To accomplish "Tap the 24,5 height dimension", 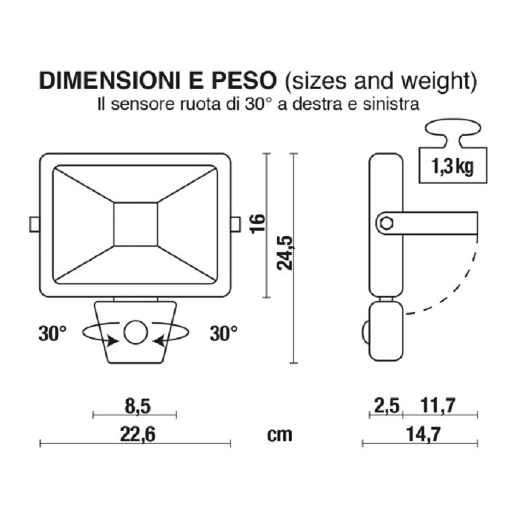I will (x=287, y=253).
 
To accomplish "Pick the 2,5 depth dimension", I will (x=386, y=405).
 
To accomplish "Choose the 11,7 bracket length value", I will (x=438, y=405).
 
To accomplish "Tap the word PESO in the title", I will (x=244, y=81).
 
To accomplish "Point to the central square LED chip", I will (x=135, y=224).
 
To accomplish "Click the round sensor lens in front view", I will (x=135, y=333).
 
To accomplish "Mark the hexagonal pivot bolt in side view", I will (x=385, y=224).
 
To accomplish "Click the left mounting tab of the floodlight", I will (x=34, y=224).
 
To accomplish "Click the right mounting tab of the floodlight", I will (x=235, y=224).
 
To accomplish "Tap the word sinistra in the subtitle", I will (x=396, y=104).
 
